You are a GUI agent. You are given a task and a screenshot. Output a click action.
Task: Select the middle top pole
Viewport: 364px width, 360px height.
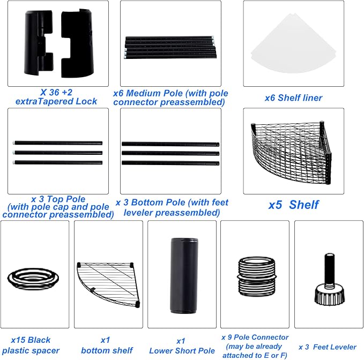point(57,153)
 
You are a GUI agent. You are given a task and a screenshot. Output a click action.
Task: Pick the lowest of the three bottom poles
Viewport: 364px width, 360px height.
point(170,163)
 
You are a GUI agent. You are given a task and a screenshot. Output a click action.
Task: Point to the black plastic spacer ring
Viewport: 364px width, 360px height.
point(33,279)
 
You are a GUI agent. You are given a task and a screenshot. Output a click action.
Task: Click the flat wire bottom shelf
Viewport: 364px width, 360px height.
point(108,284)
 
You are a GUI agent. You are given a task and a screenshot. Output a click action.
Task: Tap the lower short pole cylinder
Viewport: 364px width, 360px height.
point(184,275)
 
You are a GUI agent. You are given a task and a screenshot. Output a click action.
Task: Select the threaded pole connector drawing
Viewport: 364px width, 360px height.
point(257,276)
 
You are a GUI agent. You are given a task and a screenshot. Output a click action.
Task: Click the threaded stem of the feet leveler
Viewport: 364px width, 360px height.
point(329,271)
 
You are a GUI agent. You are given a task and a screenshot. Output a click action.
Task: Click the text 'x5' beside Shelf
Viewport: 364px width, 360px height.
point(275,205)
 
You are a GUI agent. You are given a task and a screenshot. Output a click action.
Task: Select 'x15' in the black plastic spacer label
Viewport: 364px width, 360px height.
point(18,340)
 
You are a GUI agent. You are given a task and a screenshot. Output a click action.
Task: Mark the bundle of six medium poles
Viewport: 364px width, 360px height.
point(170,48)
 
